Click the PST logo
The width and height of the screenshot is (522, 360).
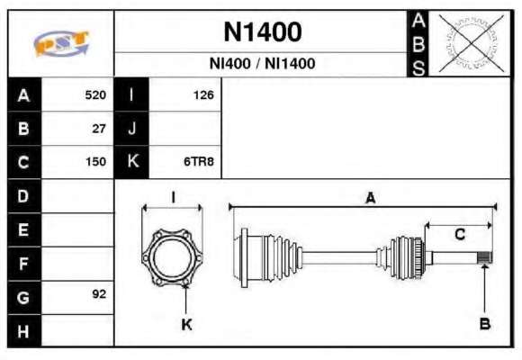click(61, 43)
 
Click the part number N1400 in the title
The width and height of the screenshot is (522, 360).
click(263, 31)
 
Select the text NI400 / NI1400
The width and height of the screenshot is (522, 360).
click(262, 64)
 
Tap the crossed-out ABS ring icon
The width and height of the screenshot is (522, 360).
click(471, 43)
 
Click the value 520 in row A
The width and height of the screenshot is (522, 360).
click(95, 95)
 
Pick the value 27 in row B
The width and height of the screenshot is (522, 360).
click(99, 129)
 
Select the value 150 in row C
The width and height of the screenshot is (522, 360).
click(96, 162)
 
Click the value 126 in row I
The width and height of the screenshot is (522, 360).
click(203, 95)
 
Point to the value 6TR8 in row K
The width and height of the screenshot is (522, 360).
click(199, 162)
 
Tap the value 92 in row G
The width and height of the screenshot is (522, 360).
click(99, 294)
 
